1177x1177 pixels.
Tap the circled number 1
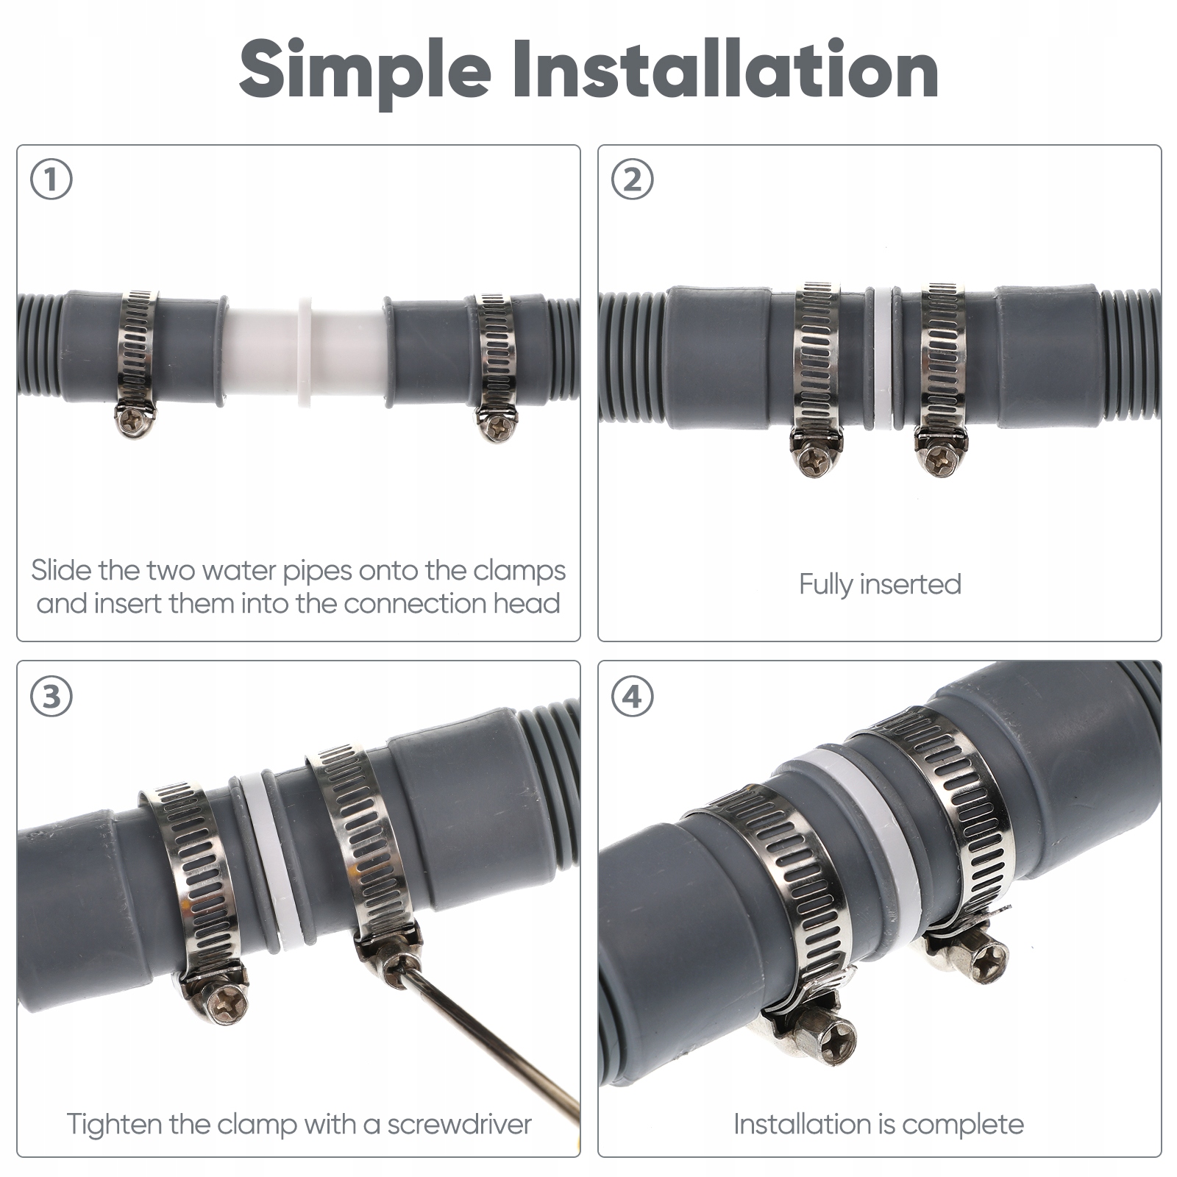pyautogui.click(x=51, y=179)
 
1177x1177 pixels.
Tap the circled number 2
pyautogui.click(x=633, y=179)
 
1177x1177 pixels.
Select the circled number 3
pyautogui.click(x=51, y=696)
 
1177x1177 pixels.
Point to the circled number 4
pyautogui.click(x=633, y=696)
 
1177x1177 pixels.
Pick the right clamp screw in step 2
pyautogui.click(x=940, y=458)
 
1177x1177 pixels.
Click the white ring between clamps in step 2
pyautogui.click(x=881, y=359)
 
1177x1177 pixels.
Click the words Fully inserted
pyautogui.click(x=880, y=584)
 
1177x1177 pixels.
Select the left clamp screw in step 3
pyautogui.click(x=225, y=1000)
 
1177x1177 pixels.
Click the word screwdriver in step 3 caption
pyautogui.click(x=460, y=1124)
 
